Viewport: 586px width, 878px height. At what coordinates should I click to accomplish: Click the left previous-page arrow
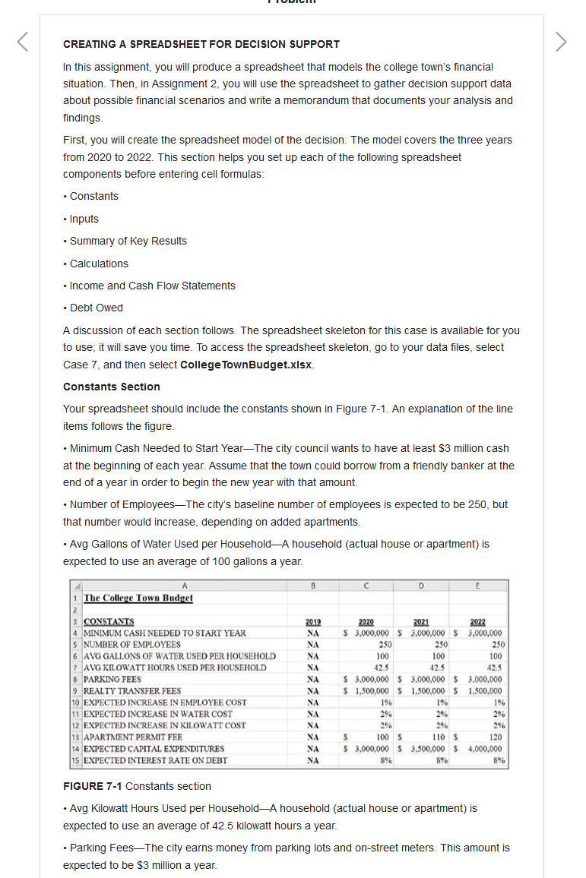pyautogui.click(x=23, y=42)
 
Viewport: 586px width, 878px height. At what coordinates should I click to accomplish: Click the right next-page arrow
pyautogui.click(x=561, y=42)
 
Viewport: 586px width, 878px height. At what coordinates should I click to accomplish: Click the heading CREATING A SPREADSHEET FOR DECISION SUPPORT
pyautogui.click(x=201, y=44)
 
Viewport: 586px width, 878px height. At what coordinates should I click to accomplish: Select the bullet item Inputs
pyautogui.click(x=84, y=219)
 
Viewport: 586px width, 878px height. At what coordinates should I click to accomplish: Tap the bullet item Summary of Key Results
pyautogui.click(x=128, y=241)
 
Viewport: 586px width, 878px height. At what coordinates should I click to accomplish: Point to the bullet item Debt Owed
pyautogui.click(x=96, y=308)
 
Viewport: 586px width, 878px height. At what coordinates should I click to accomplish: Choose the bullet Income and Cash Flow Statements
pyautogui.click(x=152, y=286)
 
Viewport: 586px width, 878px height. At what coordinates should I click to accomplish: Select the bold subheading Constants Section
pyautogui.click(x=112, y=387)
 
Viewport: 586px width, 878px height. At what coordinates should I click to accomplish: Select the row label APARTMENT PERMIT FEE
pyautogui.click(x=132, y=737)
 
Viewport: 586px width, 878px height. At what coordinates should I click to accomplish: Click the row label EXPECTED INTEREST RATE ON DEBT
pyautogui.click(x=154, y=760)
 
